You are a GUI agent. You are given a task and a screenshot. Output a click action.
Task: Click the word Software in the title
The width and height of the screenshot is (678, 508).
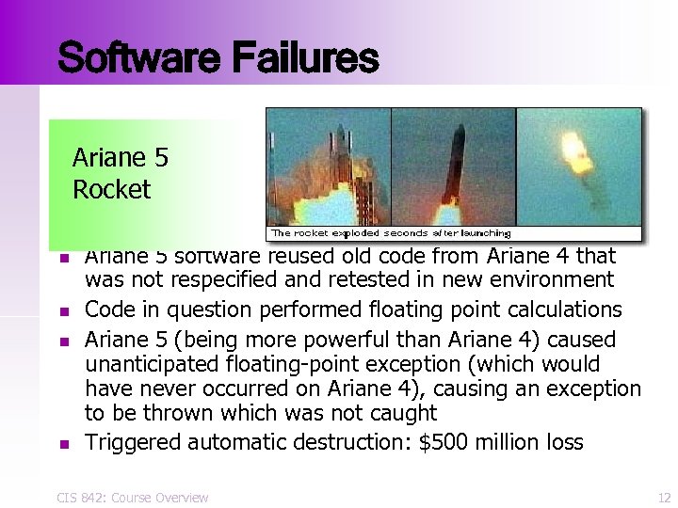(x=131, y=58)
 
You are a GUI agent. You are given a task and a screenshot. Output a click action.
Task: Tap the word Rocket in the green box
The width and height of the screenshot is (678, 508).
(x=111, y=190)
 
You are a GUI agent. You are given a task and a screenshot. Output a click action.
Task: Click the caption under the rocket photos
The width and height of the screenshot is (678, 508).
(x=391, y=232)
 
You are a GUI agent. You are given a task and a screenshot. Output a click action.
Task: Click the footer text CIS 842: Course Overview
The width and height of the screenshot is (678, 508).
(x=133, y=498)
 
